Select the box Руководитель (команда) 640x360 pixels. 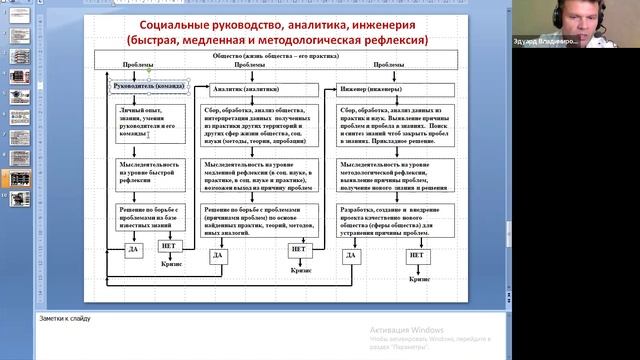click(x=149, y=88)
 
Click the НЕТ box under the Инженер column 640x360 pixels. click(x=418, y=256)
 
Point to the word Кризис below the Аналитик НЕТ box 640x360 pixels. click(x=301, y=269)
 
